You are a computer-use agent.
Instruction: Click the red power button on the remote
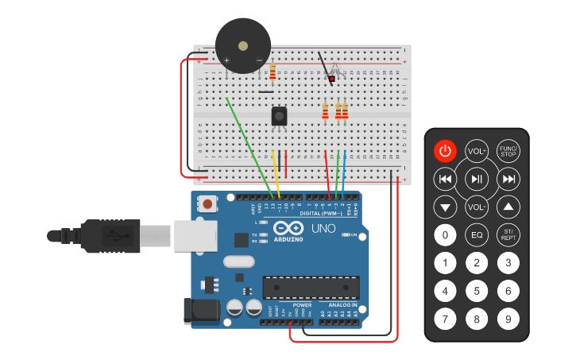pyautogui.click(x=445, y=151)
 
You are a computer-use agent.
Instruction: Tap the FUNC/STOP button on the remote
pyautogui.click(x=508, y=151)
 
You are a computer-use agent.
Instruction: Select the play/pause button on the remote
pyautogui.click(x=477, y=180)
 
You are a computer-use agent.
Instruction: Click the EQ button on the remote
pyautogui.click(x=477, y=235)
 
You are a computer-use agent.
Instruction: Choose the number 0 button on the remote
pyautogui.click(x=445, y=235)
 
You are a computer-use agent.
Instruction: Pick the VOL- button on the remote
pyautogui.click(x=477, y=207)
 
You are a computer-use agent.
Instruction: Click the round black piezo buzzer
pyautogui.click(x=243, y=46)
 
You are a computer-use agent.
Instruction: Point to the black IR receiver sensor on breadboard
pyautogui.click(x=279, y=116)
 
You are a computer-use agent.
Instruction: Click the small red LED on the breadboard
pyautogui.click(x=331, y=79)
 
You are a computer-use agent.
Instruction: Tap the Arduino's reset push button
pyautogui.click(x=208, y=203)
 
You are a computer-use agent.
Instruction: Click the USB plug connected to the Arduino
pyautogui.click(x=119, y=236)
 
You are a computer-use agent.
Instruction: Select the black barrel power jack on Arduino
pyautogui.click(x=201, y=312)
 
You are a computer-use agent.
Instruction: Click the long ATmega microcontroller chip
pyautogui.click(x=311, y=287)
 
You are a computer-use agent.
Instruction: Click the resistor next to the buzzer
pyautogui.click(x=273, y=72)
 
